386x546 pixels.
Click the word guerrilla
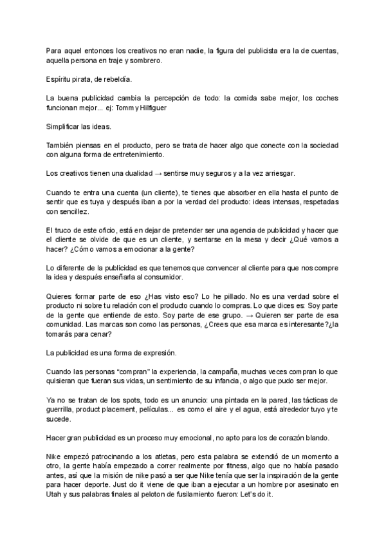tap(62, 409)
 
